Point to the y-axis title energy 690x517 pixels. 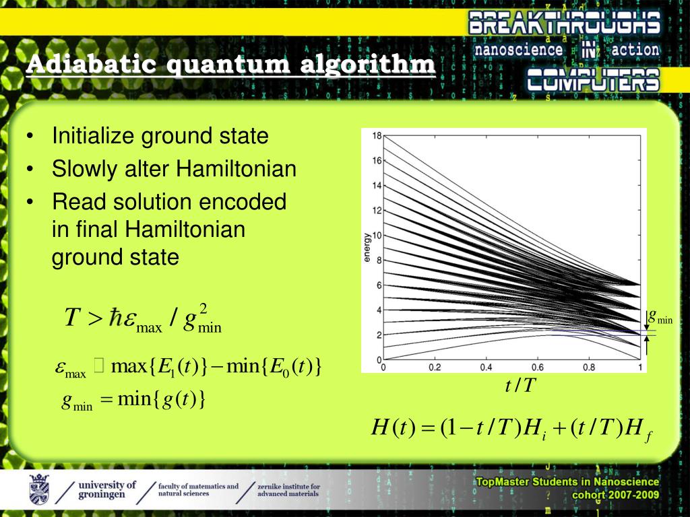click(x=367, y=248)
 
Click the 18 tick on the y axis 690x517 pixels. click(x=377, y=135)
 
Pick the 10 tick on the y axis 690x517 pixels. click(x=377, y=236)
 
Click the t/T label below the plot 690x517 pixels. click(x=521, y=386)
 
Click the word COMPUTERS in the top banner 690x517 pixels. click(x=592, y=80)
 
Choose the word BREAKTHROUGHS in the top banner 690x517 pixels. click(x=565, y=25)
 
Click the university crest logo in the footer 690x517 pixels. click(x=38, y=489)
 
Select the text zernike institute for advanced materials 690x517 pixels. click(x=288, y=489)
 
